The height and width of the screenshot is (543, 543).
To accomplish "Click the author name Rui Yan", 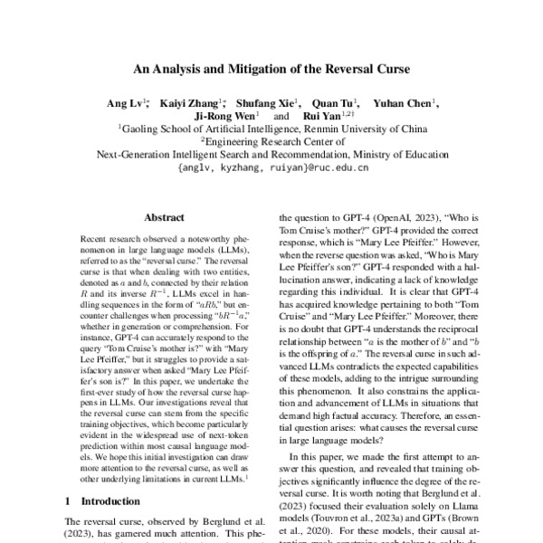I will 317,117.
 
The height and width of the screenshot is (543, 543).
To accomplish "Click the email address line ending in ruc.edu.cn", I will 272,167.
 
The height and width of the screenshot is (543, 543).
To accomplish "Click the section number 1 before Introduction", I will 71,500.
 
